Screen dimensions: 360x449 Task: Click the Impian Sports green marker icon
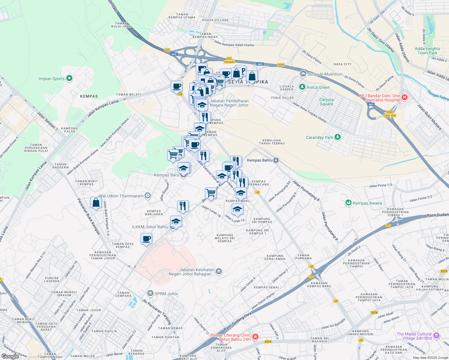69,79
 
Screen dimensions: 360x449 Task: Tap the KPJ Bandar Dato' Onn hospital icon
404,97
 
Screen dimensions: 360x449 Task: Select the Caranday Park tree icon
338,137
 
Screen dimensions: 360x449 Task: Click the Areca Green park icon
302,87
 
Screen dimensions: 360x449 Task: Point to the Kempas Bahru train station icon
276,160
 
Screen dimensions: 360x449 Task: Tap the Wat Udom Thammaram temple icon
147,196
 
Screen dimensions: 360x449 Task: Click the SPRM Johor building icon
150,293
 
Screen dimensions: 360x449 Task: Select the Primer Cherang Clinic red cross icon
255,337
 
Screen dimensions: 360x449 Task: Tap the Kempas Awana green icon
348,203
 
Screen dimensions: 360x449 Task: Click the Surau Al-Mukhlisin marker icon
303,73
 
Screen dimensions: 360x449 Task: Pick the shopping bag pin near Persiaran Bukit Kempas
96,203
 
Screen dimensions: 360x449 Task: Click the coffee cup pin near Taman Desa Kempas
146,239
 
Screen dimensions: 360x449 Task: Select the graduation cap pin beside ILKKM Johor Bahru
176,222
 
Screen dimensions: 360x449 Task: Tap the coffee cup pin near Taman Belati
176,86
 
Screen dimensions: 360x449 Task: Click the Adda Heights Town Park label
427,51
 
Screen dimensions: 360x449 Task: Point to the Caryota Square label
326,102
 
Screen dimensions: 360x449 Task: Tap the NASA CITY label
342,64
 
